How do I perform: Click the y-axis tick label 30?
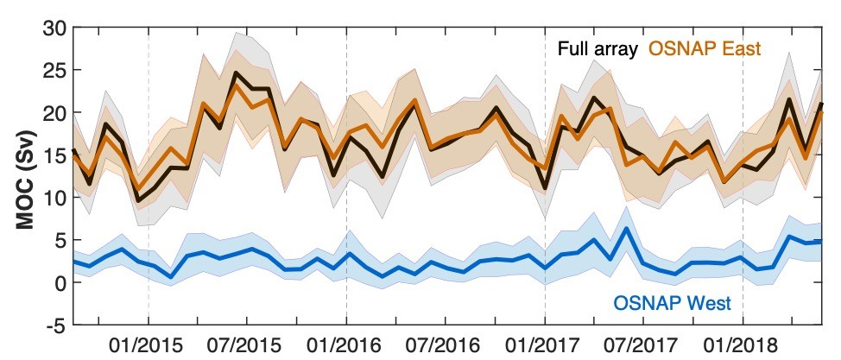pos(53,28)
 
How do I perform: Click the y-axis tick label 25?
pos(53,70)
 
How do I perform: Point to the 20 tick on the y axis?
pos(53,113)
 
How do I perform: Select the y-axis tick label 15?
pos(53,155)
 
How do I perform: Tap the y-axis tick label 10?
pos(53,198)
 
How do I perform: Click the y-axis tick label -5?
pos(54,325)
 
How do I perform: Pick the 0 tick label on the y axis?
pos(59,283)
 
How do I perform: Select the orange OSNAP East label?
pos(705,47)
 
